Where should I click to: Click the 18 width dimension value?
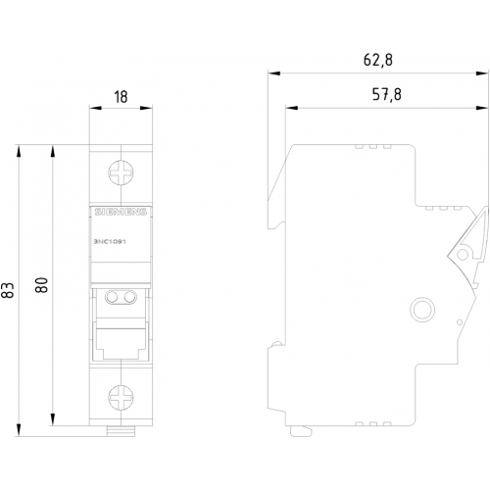[121, 97]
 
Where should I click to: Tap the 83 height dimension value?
[8, 290]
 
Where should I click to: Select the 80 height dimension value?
[42, 284]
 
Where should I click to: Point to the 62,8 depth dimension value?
[378, 60]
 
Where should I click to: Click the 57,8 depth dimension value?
[386, 95]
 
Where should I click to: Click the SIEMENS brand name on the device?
[121, 212]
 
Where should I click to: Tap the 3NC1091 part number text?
[110, 242]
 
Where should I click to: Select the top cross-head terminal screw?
[121, 172]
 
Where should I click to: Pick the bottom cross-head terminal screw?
[121, 396]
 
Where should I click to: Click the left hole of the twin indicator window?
[112, 297]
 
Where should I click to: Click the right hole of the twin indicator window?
[129, 297]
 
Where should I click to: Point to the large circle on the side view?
[422, 309]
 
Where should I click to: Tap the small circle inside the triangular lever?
[463, 254]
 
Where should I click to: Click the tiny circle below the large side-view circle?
[460, 322]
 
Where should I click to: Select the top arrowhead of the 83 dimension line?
[20, 151]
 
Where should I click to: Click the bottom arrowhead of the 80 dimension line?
[53, 419]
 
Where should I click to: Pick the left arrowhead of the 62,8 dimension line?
[273, 73]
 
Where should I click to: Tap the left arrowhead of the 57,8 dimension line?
[291, 108]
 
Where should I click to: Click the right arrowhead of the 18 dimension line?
[146, 108]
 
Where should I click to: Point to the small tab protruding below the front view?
[121, 431]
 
